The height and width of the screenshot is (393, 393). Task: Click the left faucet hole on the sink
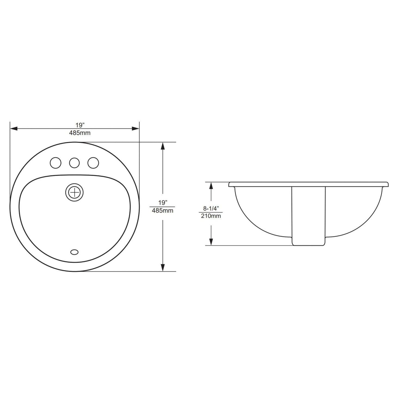point(55,163)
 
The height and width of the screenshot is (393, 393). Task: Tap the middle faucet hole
point(74,163)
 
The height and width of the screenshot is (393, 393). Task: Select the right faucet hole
point(93,163)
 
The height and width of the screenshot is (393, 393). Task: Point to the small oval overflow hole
point(74,252)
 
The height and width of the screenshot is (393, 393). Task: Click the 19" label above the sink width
point(80,125)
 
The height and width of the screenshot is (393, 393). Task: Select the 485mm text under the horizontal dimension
point(80,133)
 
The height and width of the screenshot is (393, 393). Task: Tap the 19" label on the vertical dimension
point(162,203)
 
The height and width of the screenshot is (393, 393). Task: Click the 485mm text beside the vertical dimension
point(162,211)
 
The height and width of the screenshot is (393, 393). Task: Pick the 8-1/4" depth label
point(211,209)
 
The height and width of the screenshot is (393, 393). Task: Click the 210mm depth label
point(211,216)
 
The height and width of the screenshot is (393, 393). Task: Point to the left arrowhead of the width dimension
point(14,128)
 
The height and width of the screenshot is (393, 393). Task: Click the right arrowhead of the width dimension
point(135,128)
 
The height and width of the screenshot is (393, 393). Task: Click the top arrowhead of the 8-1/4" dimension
point(211,186)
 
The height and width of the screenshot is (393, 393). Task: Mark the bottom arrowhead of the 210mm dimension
point(211,242)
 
